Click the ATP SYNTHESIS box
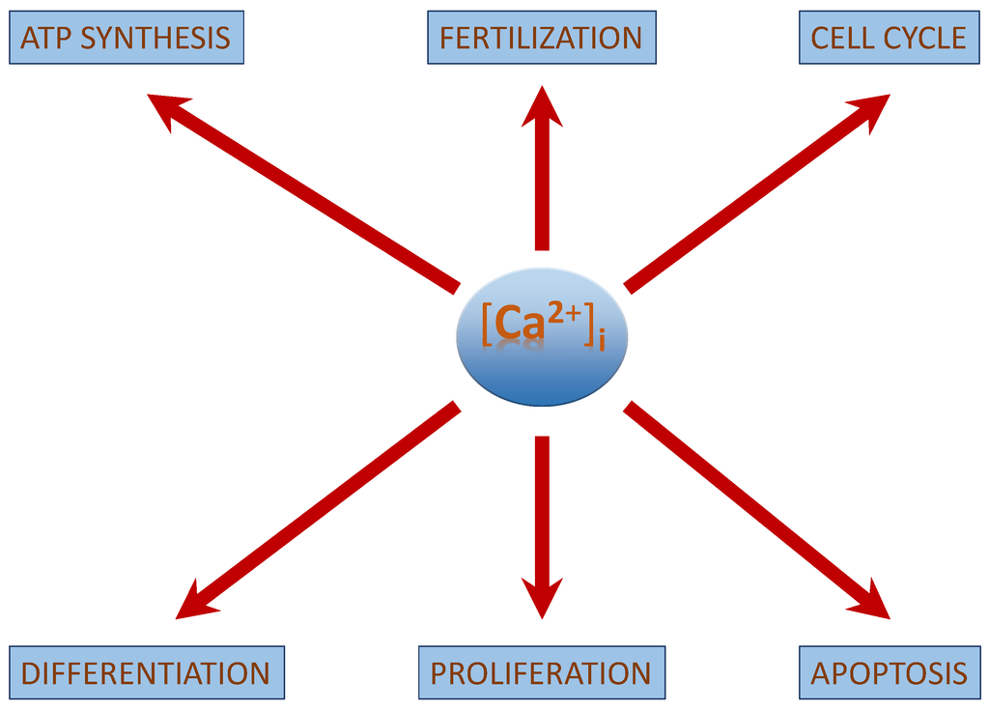(x=126, y=38)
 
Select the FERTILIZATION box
(x=541, y=38)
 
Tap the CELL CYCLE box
(x=889, y=38)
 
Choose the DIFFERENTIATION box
(x=146, y=672)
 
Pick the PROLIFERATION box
(x=541, y=672)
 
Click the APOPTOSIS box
(x=889, y=672)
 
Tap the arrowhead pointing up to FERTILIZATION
(x=542, y=103)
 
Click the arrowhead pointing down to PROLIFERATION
(x=542, y=600)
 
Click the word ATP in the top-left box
(x=46, y=38)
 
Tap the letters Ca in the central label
(x=520, y=327)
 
